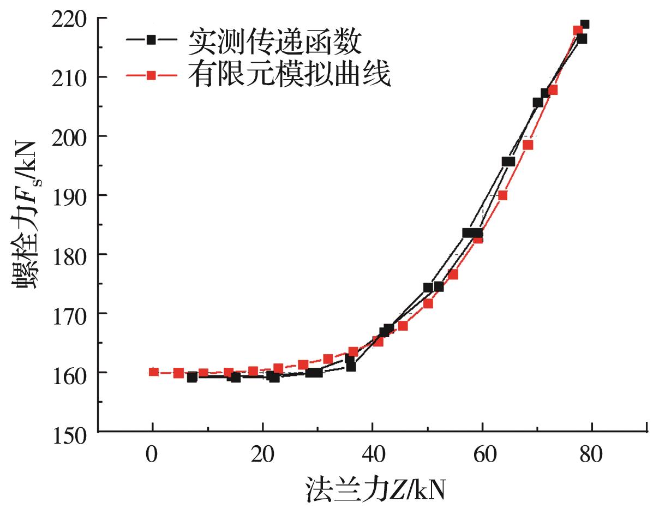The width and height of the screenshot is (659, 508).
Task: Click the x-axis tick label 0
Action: click(x=152, y=455)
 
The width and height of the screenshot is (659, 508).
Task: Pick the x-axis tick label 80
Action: click(x=591, y=455)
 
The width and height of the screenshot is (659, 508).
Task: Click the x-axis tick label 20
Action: click(x=262, y=455)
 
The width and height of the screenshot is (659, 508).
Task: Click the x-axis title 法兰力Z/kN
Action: click(x=375, y=488)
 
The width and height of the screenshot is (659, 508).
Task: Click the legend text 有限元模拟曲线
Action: click(x=290, y=75)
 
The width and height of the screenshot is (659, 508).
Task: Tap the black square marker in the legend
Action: click(x=152, y=40)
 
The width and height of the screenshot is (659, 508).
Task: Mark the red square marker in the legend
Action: click(x=152, y=76)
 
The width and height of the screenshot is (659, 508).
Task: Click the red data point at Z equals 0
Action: click(x=153, y=372)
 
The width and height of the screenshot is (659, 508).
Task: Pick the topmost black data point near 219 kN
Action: click(x=584, y=25)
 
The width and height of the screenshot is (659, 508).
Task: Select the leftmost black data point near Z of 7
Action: click(x=191, y=377)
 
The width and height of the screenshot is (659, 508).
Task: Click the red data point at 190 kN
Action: click(x=502, y=195)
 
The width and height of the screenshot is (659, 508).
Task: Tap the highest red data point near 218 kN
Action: click(x=578, y=30)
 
